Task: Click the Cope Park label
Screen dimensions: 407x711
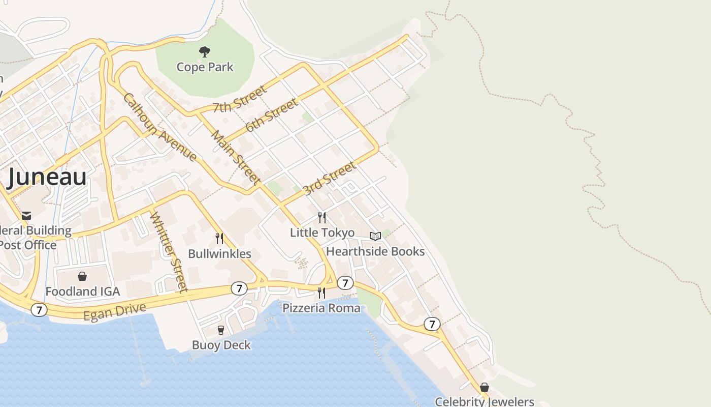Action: tap(205, 67)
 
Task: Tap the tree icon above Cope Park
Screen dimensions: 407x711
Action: tap(205, 51)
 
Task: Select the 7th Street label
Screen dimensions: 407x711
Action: tap(239, 100)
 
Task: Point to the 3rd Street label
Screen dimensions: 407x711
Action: tap(329, 179)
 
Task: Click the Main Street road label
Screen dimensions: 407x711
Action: tap(236, 158)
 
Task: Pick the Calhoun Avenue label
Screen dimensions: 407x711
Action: tap(159, 127)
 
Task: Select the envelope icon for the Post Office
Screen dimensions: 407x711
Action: tap(26, 216)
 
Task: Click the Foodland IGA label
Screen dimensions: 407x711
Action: tap(83, 292)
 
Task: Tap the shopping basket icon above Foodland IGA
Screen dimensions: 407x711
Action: tap(82, 276)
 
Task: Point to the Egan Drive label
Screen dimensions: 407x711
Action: tap(115, 312)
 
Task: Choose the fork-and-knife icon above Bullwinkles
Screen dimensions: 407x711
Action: tap(219, 238)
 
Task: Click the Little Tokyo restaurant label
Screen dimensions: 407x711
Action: tap(322, 232)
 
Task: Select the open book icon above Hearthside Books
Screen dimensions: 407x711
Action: tap(375, 236)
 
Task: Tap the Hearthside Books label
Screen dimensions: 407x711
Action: tap(375, 251)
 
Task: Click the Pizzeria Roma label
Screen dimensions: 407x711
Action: tap(321, 308)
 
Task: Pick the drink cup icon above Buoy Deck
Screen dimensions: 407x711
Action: tap(220, 330)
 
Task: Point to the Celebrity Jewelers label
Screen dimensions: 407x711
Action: tap(484, 401)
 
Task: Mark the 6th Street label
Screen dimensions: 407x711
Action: tap(271, 115)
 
